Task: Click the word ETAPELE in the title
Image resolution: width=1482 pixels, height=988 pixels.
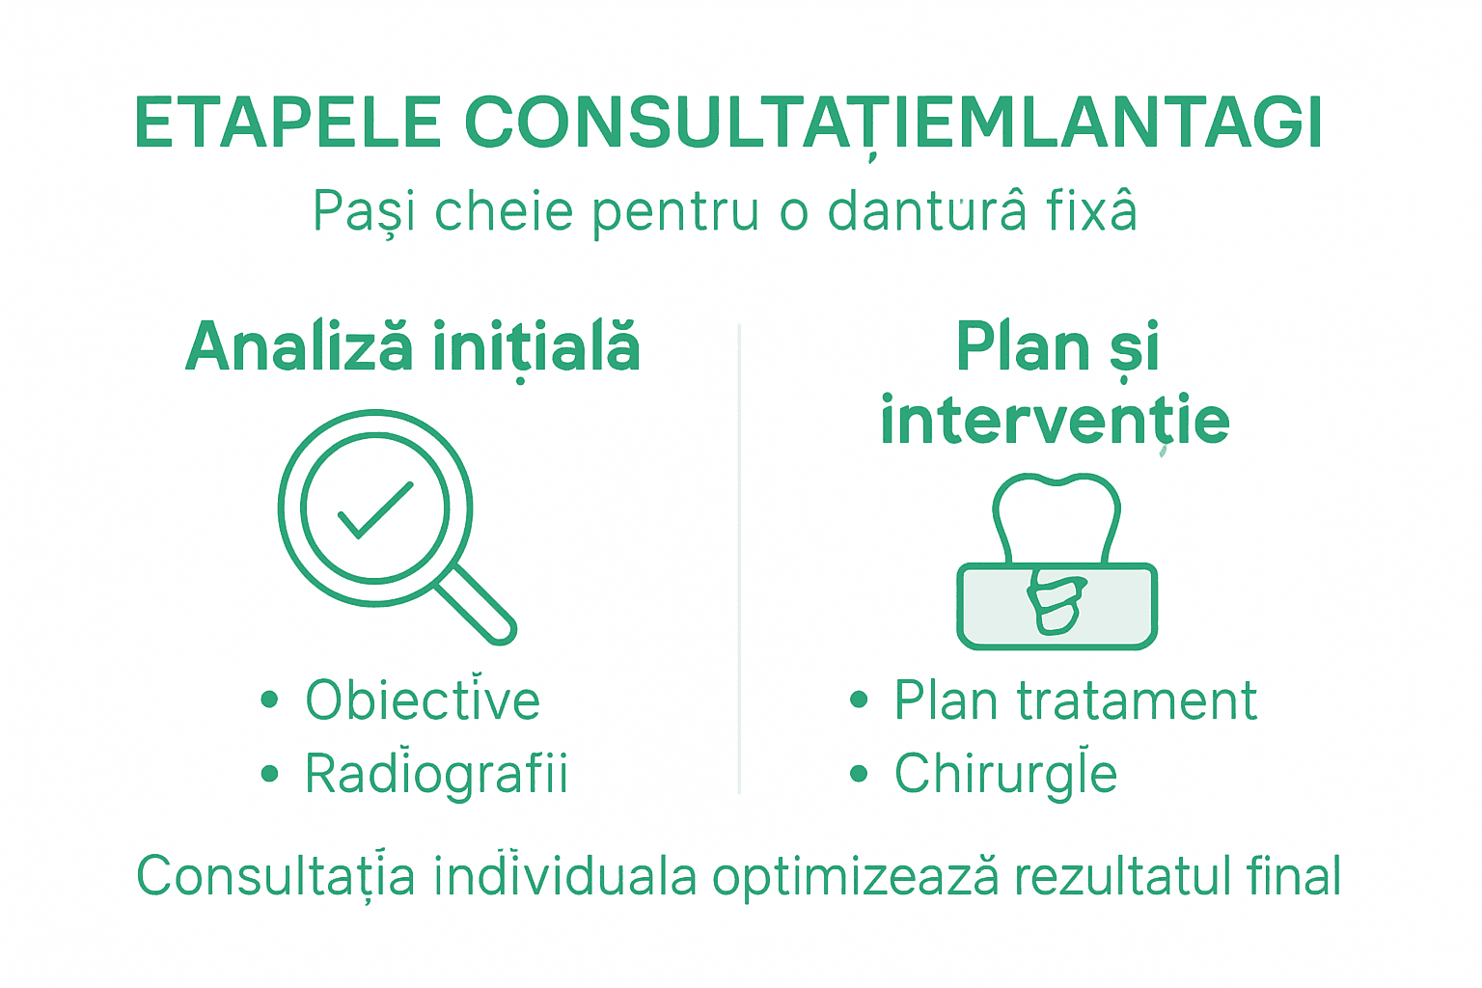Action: tap(288, 123)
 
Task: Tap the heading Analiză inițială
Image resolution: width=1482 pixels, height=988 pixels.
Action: tap(413, 347)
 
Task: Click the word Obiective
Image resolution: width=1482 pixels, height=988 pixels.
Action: tap(423, 700)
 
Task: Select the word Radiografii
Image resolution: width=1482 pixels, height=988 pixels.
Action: tap(436, 773)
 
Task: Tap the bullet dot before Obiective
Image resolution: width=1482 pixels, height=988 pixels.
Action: tap(269, 700)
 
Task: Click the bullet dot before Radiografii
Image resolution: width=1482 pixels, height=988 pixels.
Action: tap(269, 774)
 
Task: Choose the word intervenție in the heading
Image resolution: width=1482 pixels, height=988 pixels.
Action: tap(1055, 421)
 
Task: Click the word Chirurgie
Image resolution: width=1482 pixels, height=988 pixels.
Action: tap(1005, 774)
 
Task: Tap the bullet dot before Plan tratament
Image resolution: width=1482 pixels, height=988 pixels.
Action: tap(859, 700)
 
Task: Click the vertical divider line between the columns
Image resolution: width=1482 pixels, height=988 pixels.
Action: tap(739, 560)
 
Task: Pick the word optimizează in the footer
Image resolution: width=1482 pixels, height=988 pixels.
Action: tap(855, 877)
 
